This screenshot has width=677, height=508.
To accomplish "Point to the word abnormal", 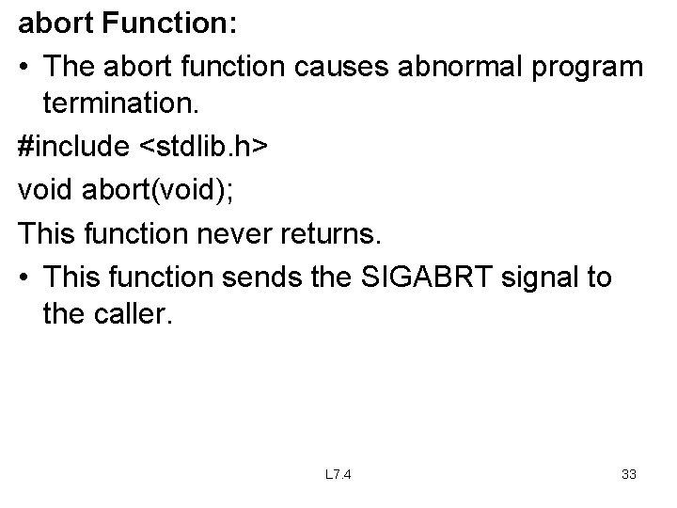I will click(x=447, y=68).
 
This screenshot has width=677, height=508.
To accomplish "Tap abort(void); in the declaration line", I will click(x=156, y=190).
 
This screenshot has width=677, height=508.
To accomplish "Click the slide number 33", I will click(x=629, y=474).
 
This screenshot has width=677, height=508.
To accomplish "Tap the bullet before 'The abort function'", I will click(x=25, y=68).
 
